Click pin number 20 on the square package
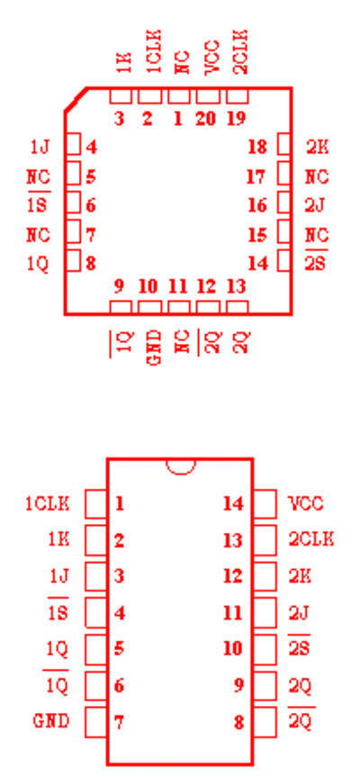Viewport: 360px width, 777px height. pos(206,119)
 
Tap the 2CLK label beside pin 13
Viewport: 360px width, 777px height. pos(311,539)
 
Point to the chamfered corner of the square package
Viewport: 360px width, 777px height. pos(76,100)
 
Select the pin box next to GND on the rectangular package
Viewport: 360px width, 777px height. pos(96,722)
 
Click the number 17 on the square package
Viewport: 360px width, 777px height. pos(256,176)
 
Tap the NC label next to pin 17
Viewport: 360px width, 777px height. pos(317,176)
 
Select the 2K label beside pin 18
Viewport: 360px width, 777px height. pos(317,147)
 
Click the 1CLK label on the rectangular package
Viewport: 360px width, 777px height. pos(48,503)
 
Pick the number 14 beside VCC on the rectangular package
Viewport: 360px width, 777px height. pos(233,504)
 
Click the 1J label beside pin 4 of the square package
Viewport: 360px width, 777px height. pos(40,147)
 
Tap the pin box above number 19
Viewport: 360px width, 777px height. pos(238,96)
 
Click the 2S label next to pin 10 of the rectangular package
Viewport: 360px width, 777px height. pos(299,647)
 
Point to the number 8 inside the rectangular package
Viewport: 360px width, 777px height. pos(238,722)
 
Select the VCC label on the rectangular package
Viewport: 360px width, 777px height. pos(305,504)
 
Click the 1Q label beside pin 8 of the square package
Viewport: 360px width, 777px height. pos(38,264)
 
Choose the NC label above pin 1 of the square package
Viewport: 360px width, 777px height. pos(183,62)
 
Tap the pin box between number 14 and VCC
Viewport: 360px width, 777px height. pos(265,504)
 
